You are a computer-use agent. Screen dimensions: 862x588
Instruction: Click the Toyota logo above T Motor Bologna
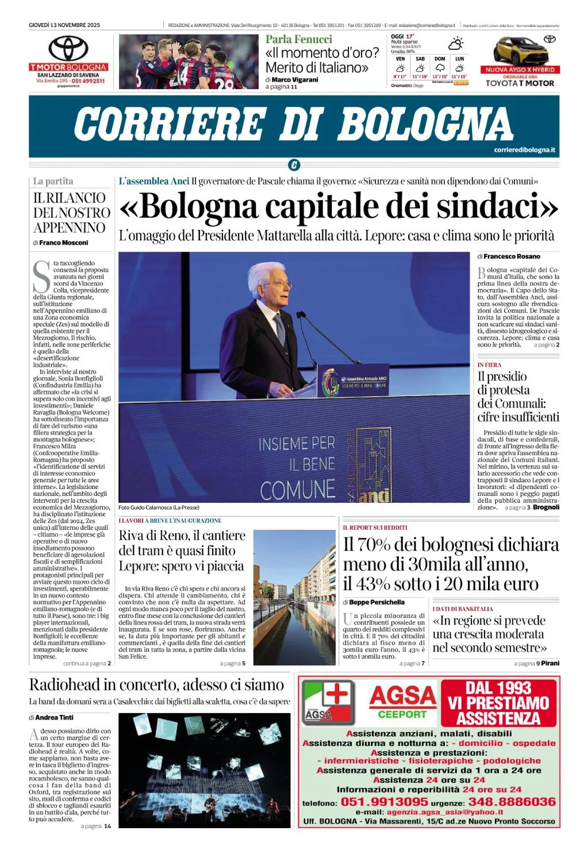68,48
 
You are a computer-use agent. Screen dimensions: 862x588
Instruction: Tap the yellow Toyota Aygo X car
519,51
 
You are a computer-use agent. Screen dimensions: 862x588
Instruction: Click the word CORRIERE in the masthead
169,124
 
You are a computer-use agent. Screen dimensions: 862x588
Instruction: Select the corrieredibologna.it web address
524,150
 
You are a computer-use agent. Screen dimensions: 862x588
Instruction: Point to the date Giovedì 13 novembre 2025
64,25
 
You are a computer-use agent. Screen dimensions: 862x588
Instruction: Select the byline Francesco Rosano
512,256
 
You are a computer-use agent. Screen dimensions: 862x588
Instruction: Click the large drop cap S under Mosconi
41,277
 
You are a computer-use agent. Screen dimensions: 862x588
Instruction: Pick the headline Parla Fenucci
298,40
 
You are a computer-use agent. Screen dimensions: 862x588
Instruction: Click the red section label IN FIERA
489,365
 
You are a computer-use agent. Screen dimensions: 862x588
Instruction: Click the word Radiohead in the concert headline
64,684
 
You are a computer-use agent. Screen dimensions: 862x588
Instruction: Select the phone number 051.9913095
384,802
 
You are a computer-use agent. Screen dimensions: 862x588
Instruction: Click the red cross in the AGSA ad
337,693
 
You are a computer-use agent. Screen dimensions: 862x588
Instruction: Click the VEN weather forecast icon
400,68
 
